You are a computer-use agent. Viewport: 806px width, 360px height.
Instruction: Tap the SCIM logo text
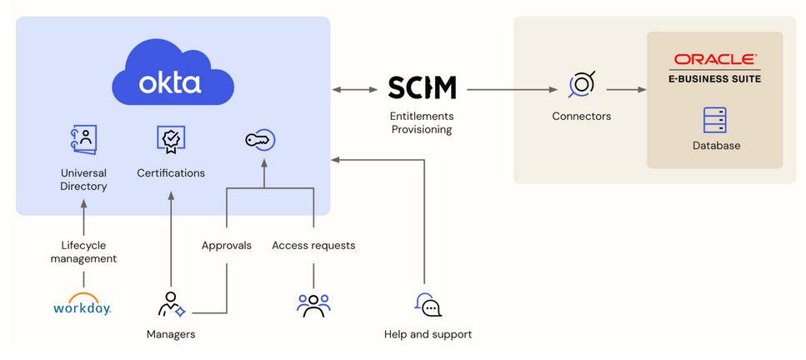point(422,87)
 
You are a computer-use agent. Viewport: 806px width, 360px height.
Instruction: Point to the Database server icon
point(714,120)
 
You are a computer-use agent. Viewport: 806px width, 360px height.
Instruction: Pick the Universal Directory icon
point(83,139)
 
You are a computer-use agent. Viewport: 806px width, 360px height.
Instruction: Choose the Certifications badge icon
point(171,139)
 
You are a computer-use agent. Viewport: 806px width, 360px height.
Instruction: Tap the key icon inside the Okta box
point(260,140)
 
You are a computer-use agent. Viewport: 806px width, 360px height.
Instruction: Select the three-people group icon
point(313,305)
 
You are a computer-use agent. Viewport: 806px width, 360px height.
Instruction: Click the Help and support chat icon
point(428,305)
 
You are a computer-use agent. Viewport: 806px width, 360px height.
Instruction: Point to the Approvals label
point(227,246)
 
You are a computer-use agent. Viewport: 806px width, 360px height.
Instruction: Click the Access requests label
point(313,246)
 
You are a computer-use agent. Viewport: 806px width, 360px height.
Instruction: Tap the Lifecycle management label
point(83,252)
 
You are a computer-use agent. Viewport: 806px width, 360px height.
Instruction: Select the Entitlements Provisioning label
point(422,122)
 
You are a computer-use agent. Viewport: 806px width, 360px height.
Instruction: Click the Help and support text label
point(428,334)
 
